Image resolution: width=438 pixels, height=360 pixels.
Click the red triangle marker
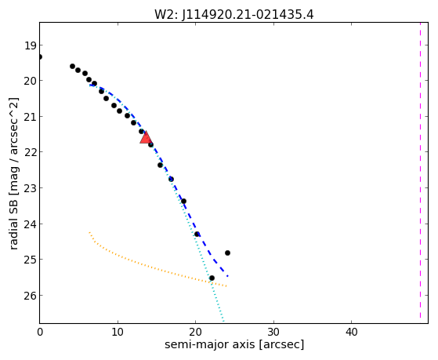(146, 137)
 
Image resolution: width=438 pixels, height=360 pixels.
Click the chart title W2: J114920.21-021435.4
(234, 14)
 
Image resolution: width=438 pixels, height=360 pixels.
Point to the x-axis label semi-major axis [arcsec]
(234, 344)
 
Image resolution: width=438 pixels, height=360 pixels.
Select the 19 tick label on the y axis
(30, 45)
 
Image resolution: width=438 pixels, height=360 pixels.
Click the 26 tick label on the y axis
(30, 296)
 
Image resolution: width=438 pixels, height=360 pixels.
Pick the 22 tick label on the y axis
(30, 152)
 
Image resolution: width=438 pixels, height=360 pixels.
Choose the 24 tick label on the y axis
(30, 224)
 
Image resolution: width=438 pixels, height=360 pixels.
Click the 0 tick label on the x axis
(40, 333)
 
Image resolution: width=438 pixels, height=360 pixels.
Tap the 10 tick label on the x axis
(118, 333)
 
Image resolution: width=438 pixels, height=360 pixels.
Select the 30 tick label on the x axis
(273, 333)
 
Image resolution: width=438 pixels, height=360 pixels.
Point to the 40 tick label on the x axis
(351, 333)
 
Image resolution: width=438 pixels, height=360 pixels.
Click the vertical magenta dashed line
(420, 170)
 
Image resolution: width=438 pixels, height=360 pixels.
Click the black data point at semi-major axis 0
(40, 56)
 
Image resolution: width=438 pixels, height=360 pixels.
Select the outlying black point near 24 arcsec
(227, 253)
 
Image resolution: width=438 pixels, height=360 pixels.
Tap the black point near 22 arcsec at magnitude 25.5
(212, 278)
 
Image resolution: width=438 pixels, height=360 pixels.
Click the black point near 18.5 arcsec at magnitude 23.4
(183, 201)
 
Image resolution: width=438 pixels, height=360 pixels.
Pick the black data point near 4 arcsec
(72, 67)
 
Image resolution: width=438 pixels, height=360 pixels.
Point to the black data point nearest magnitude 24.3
(197, 235)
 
